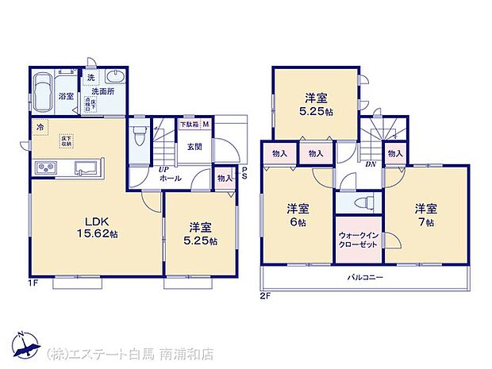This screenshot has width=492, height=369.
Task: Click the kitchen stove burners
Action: [x=44, y=168]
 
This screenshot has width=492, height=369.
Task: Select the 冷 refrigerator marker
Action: [x=40, y=126]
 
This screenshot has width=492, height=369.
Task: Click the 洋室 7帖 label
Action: [x=425, y=215]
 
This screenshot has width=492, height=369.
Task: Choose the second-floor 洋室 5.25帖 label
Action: [x=316, y=106]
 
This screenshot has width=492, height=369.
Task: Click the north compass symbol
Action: [x=27, y=343]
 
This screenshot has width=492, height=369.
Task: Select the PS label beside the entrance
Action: [x=244, y=174]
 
